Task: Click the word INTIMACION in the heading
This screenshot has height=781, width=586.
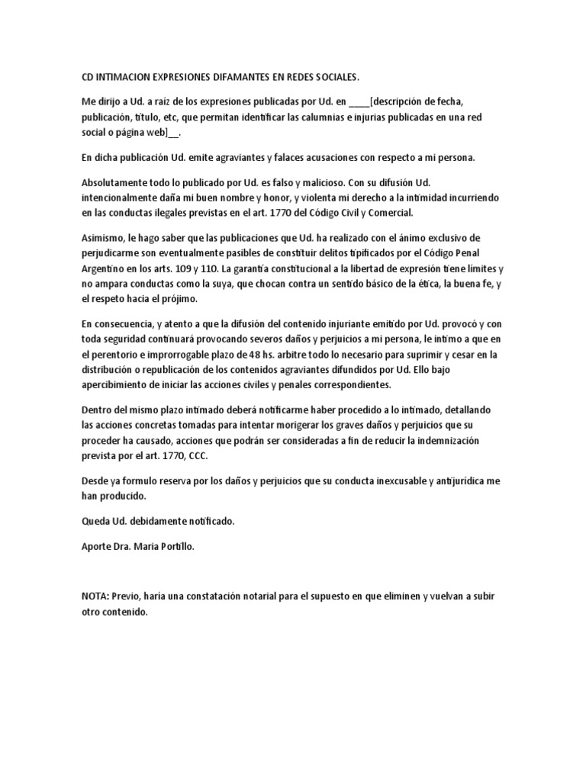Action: [125, 78]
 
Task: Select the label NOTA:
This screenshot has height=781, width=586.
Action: [97, 595]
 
